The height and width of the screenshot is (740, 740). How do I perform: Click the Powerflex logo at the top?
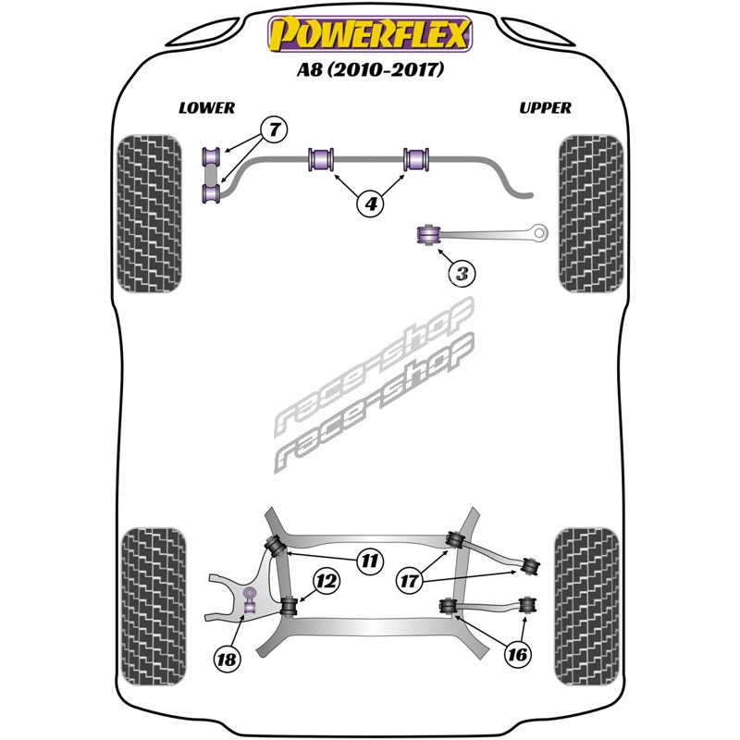[370, 33]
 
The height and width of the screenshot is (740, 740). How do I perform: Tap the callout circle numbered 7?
[275, 129]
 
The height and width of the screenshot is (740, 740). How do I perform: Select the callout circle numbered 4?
[371, 203]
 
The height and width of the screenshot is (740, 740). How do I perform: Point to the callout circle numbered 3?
[462, 273]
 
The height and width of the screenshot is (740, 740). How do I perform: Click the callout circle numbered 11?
[369, 561]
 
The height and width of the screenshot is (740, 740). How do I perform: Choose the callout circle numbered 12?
[327, 581]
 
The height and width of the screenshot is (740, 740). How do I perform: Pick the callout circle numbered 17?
[410, 581]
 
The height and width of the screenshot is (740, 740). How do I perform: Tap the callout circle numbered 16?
[517, 654]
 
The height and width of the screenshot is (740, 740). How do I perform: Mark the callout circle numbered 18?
[227, 659]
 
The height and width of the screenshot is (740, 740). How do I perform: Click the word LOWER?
[206, 108]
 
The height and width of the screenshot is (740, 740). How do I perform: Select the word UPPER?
[545, 108]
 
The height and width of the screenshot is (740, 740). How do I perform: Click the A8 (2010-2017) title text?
[371, 70]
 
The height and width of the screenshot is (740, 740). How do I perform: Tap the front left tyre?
[149, 214]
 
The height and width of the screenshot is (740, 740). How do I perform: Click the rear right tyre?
[586, 607]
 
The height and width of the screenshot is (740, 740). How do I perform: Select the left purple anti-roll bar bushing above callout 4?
[321, 159]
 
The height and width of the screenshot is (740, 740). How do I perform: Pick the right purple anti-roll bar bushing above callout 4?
[416, 159]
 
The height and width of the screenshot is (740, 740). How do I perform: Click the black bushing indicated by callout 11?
[274, 546]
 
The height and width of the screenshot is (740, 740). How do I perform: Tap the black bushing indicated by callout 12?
[289, 606]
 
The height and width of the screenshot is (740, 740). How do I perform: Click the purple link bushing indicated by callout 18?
[249, 599]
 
